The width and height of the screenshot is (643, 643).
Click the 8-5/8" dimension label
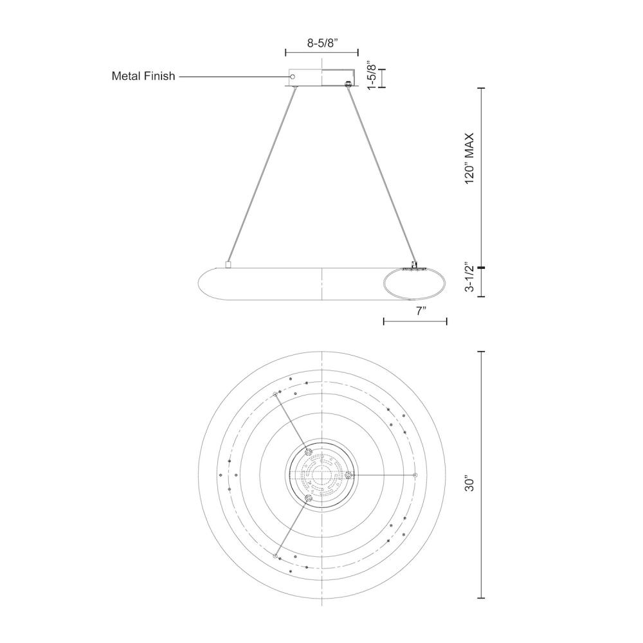point(322,44)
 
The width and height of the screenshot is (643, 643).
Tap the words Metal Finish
point(143,76)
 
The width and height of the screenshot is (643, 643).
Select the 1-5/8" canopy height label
point(372,77)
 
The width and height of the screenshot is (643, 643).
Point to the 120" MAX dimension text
point(469,158)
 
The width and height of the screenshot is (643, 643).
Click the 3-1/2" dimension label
point(469,276)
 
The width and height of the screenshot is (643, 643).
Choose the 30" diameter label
point(469,483)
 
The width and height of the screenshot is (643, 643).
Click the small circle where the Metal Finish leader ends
point(293,77)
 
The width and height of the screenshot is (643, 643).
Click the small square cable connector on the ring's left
point(228,265)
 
